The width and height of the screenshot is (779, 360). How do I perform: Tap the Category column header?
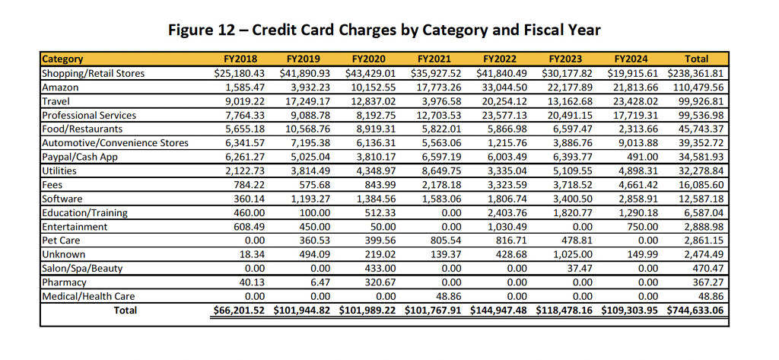pos(62,59)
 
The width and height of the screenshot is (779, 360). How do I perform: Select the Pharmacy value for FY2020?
pos(374,282)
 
